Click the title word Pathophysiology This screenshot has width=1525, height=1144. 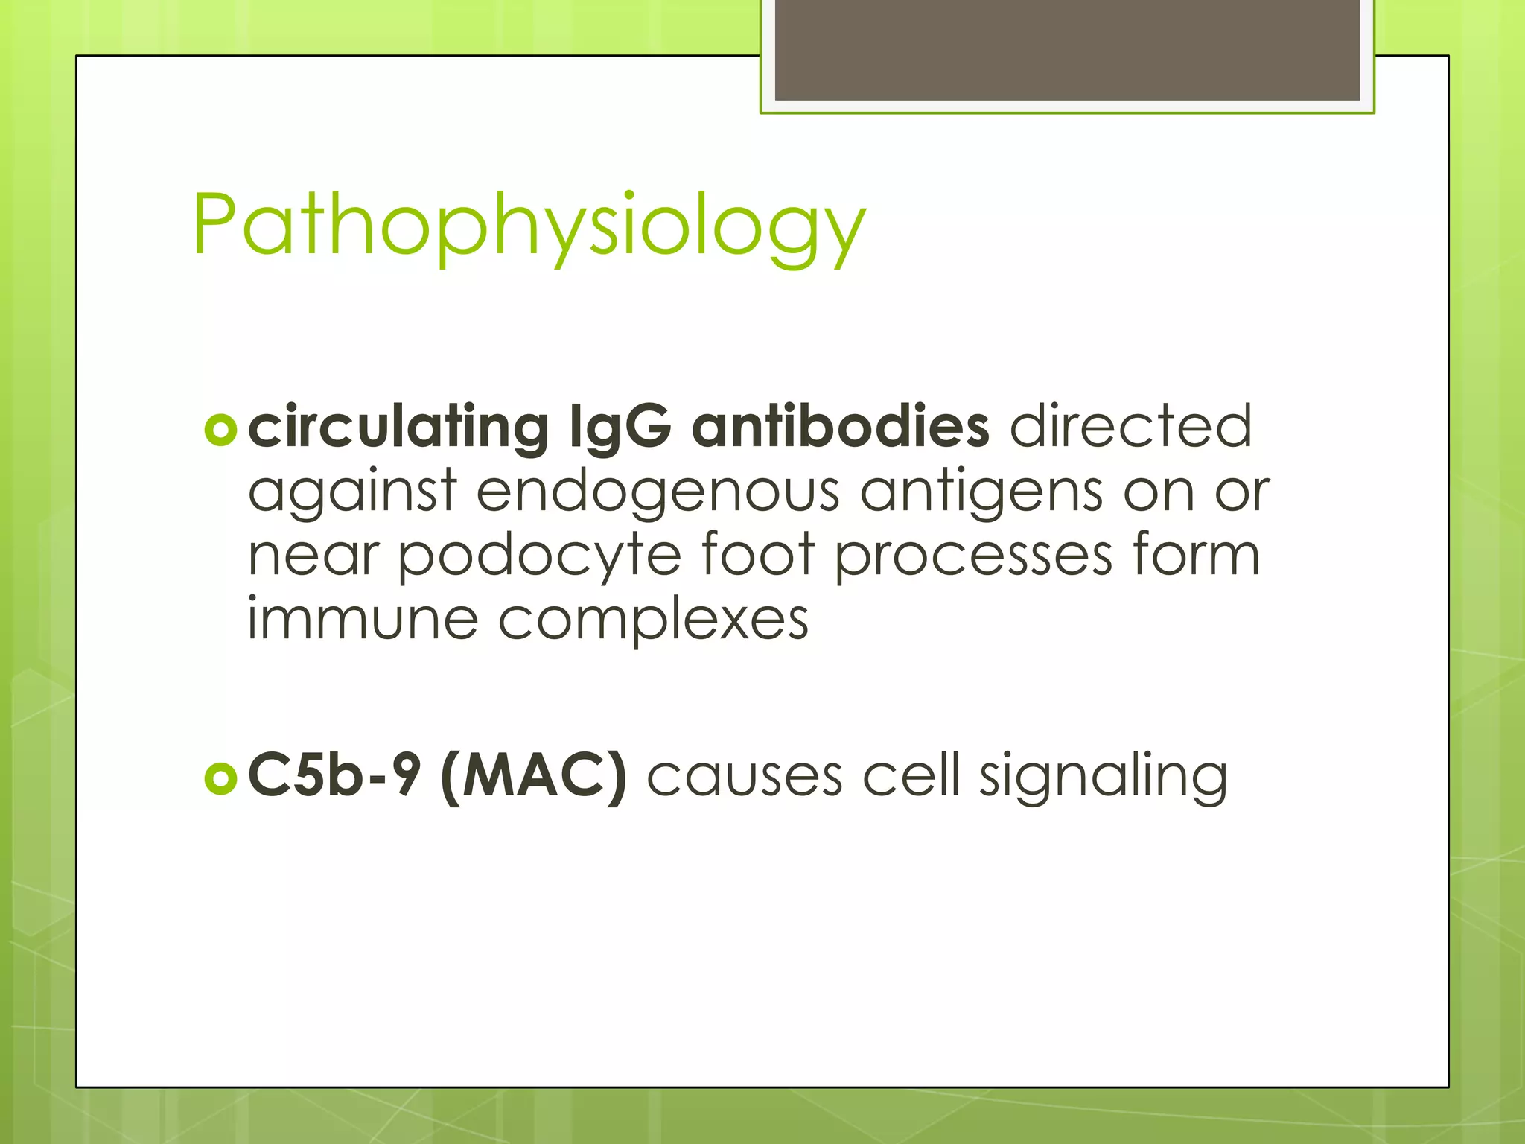tap(529, 226)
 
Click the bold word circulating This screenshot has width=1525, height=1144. tap(398, 428)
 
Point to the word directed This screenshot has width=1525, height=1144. tap(1130, 426)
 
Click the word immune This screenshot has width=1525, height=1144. tap(362, 620)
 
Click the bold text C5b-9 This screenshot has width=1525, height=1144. tap(334, 776)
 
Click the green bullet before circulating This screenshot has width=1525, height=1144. tap(220, 430)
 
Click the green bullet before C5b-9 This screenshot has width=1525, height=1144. tap(220, 778)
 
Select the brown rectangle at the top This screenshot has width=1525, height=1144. tap(1067, 49)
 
